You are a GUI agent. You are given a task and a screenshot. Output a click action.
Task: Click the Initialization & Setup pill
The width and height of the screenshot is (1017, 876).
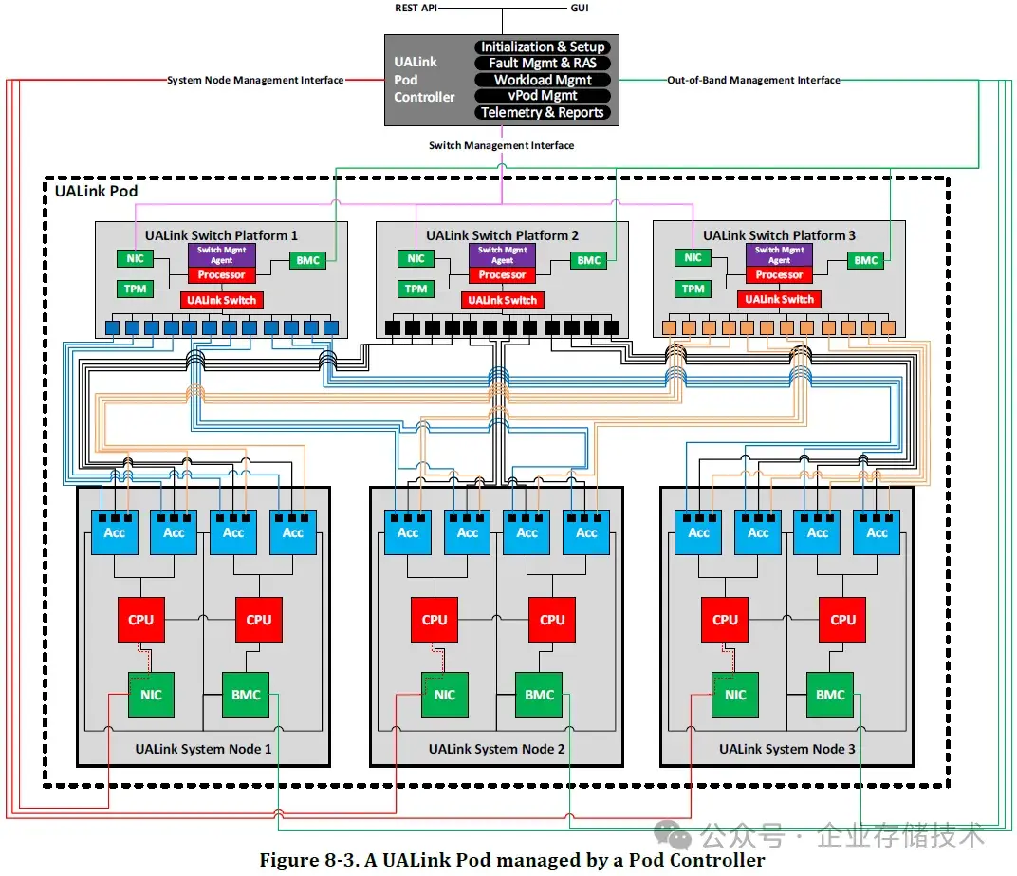(543, 47)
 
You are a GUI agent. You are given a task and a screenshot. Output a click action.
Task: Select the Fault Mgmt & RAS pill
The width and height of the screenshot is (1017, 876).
(543, 63)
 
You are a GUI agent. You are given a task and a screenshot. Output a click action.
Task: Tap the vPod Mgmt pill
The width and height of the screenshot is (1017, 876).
(543, 96)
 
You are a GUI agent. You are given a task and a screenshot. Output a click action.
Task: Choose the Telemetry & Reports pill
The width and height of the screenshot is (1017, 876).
(543, 112)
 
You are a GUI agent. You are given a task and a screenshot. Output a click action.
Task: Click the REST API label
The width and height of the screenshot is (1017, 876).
(416, 8)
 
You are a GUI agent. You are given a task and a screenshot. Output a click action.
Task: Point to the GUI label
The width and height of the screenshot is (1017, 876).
(580, 8)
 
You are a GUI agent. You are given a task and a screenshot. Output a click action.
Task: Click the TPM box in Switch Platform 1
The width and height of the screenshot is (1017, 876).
(135, 289)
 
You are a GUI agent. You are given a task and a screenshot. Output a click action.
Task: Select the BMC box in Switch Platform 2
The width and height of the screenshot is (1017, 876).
(589, 260)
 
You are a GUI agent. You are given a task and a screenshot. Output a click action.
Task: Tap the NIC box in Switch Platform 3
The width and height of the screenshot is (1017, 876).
(693, 257)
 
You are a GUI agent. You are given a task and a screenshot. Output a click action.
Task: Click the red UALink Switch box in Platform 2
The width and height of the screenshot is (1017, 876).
(503, 301)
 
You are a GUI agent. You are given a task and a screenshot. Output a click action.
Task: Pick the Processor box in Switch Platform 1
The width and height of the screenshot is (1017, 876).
(222, 275)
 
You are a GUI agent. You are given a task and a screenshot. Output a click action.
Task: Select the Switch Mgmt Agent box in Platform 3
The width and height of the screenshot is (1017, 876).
(779, 254)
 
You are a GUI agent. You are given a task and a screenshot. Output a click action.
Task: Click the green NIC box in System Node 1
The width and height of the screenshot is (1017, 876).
(151, 695)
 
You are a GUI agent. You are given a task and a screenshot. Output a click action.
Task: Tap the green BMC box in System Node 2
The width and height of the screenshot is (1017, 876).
(539, 695)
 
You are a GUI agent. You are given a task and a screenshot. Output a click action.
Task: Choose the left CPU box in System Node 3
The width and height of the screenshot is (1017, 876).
(725, 620)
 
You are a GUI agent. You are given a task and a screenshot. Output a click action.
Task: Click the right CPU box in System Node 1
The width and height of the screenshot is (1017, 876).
(259, 620)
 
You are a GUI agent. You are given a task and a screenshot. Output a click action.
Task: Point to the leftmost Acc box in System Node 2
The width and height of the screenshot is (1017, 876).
(408, 532)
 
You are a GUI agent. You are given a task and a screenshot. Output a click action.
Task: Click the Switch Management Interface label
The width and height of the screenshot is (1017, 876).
(501, 145)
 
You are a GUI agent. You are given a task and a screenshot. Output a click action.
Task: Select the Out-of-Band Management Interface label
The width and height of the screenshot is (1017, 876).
(753, 80)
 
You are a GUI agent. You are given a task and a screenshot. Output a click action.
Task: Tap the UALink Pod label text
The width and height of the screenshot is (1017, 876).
(96, 191)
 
